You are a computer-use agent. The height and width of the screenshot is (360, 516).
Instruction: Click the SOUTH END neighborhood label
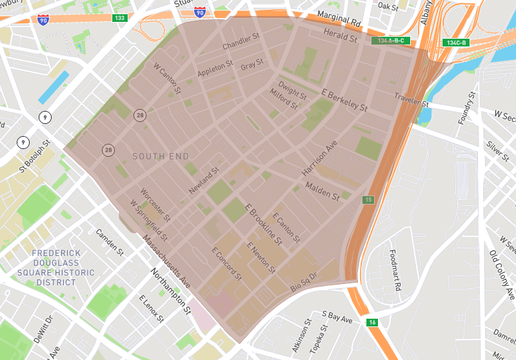click(161, 156)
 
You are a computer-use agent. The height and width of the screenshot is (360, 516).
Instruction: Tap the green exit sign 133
click(119, 17)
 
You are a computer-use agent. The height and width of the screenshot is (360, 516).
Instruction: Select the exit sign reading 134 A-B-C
click(392, 41)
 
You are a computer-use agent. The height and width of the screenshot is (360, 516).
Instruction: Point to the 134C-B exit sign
click(456, 43)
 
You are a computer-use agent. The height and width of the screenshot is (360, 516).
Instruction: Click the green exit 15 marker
click(368, 199)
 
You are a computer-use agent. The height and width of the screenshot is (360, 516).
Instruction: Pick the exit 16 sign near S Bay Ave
click(372, 322)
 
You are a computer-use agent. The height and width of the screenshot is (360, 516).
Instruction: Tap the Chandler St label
click(240, 46)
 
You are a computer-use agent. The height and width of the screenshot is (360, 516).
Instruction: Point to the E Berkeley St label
click(344, 99)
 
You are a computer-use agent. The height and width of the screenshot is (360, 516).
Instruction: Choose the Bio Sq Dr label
click(304, 282)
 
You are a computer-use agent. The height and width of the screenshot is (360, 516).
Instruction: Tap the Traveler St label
click(412, 100)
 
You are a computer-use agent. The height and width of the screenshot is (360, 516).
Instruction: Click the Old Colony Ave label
click(501, 270)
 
